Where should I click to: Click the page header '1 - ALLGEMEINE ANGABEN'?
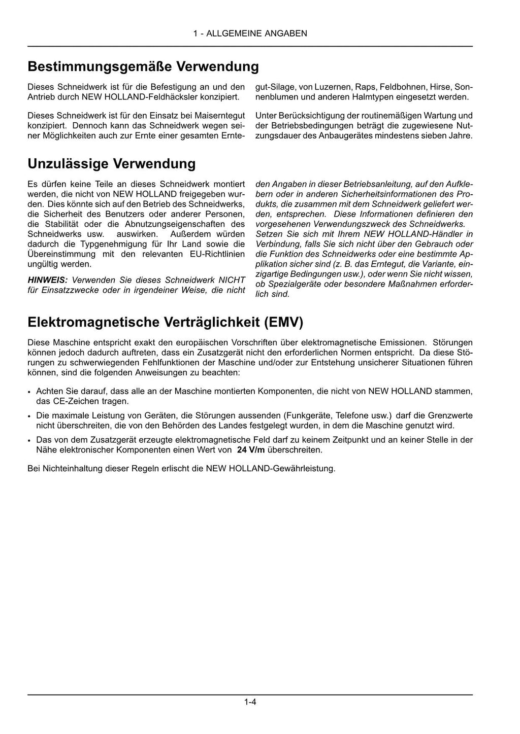(x=250, y=34)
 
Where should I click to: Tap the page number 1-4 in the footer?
(x=250, y=703)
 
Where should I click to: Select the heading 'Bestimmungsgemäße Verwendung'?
(x=143, y=67)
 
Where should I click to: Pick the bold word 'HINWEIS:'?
(x=47, y=280)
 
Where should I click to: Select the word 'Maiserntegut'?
(x=219, y=116)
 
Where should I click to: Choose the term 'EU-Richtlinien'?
(x=218, y=254)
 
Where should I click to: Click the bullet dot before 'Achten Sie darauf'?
(x=30, y=392)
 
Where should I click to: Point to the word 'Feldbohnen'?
(x=403, y=87)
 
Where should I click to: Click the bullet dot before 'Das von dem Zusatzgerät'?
(x=30, y=440)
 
